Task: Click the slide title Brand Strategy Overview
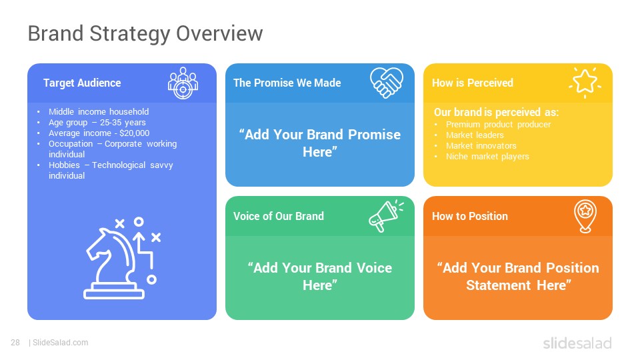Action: pos(145,34)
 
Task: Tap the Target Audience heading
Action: pos(82,83)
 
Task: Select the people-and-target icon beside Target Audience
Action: pos(183,83)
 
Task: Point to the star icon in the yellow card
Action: pos(585,82)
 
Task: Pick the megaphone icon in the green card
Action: pos(386,215)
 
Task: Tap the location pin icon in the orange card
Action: pos(585,216)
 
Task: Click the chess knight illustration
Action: pos(122,259)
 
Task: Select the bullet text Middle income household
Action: pos(99,111)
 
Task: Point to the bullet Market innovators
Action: pos(481,146)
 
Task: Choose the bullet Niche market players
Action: pos(487,156)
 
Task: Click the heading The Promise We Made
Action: pos(287,83)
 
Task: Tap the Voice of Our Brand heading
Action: pos(279,216)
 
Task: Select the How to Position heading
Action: pos(470,216)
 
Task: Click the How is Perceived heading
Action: pos(472,83)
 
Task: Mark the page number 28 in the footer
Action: pos(15,343)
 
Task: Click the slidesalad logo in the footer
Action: pos(577,343)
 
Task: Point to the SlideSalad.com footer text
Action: pos(60,343)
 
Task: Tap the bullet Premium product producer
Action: pos(499,125)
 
